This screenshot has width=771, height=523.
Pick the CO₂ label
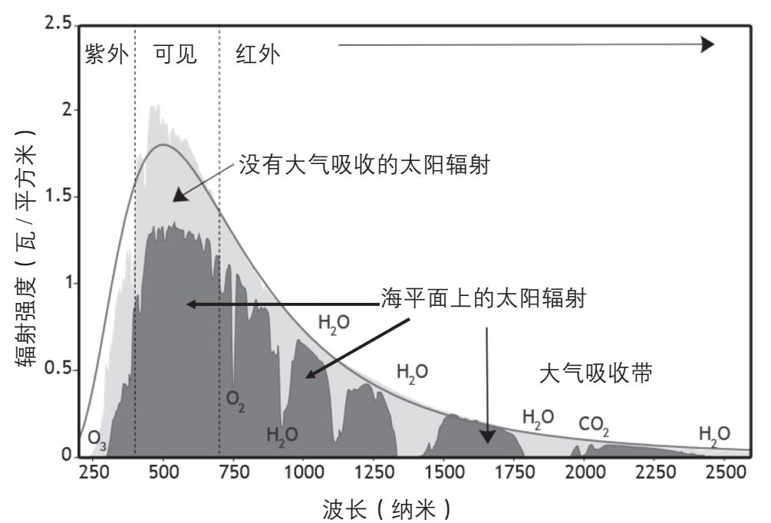pos(595,423)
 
